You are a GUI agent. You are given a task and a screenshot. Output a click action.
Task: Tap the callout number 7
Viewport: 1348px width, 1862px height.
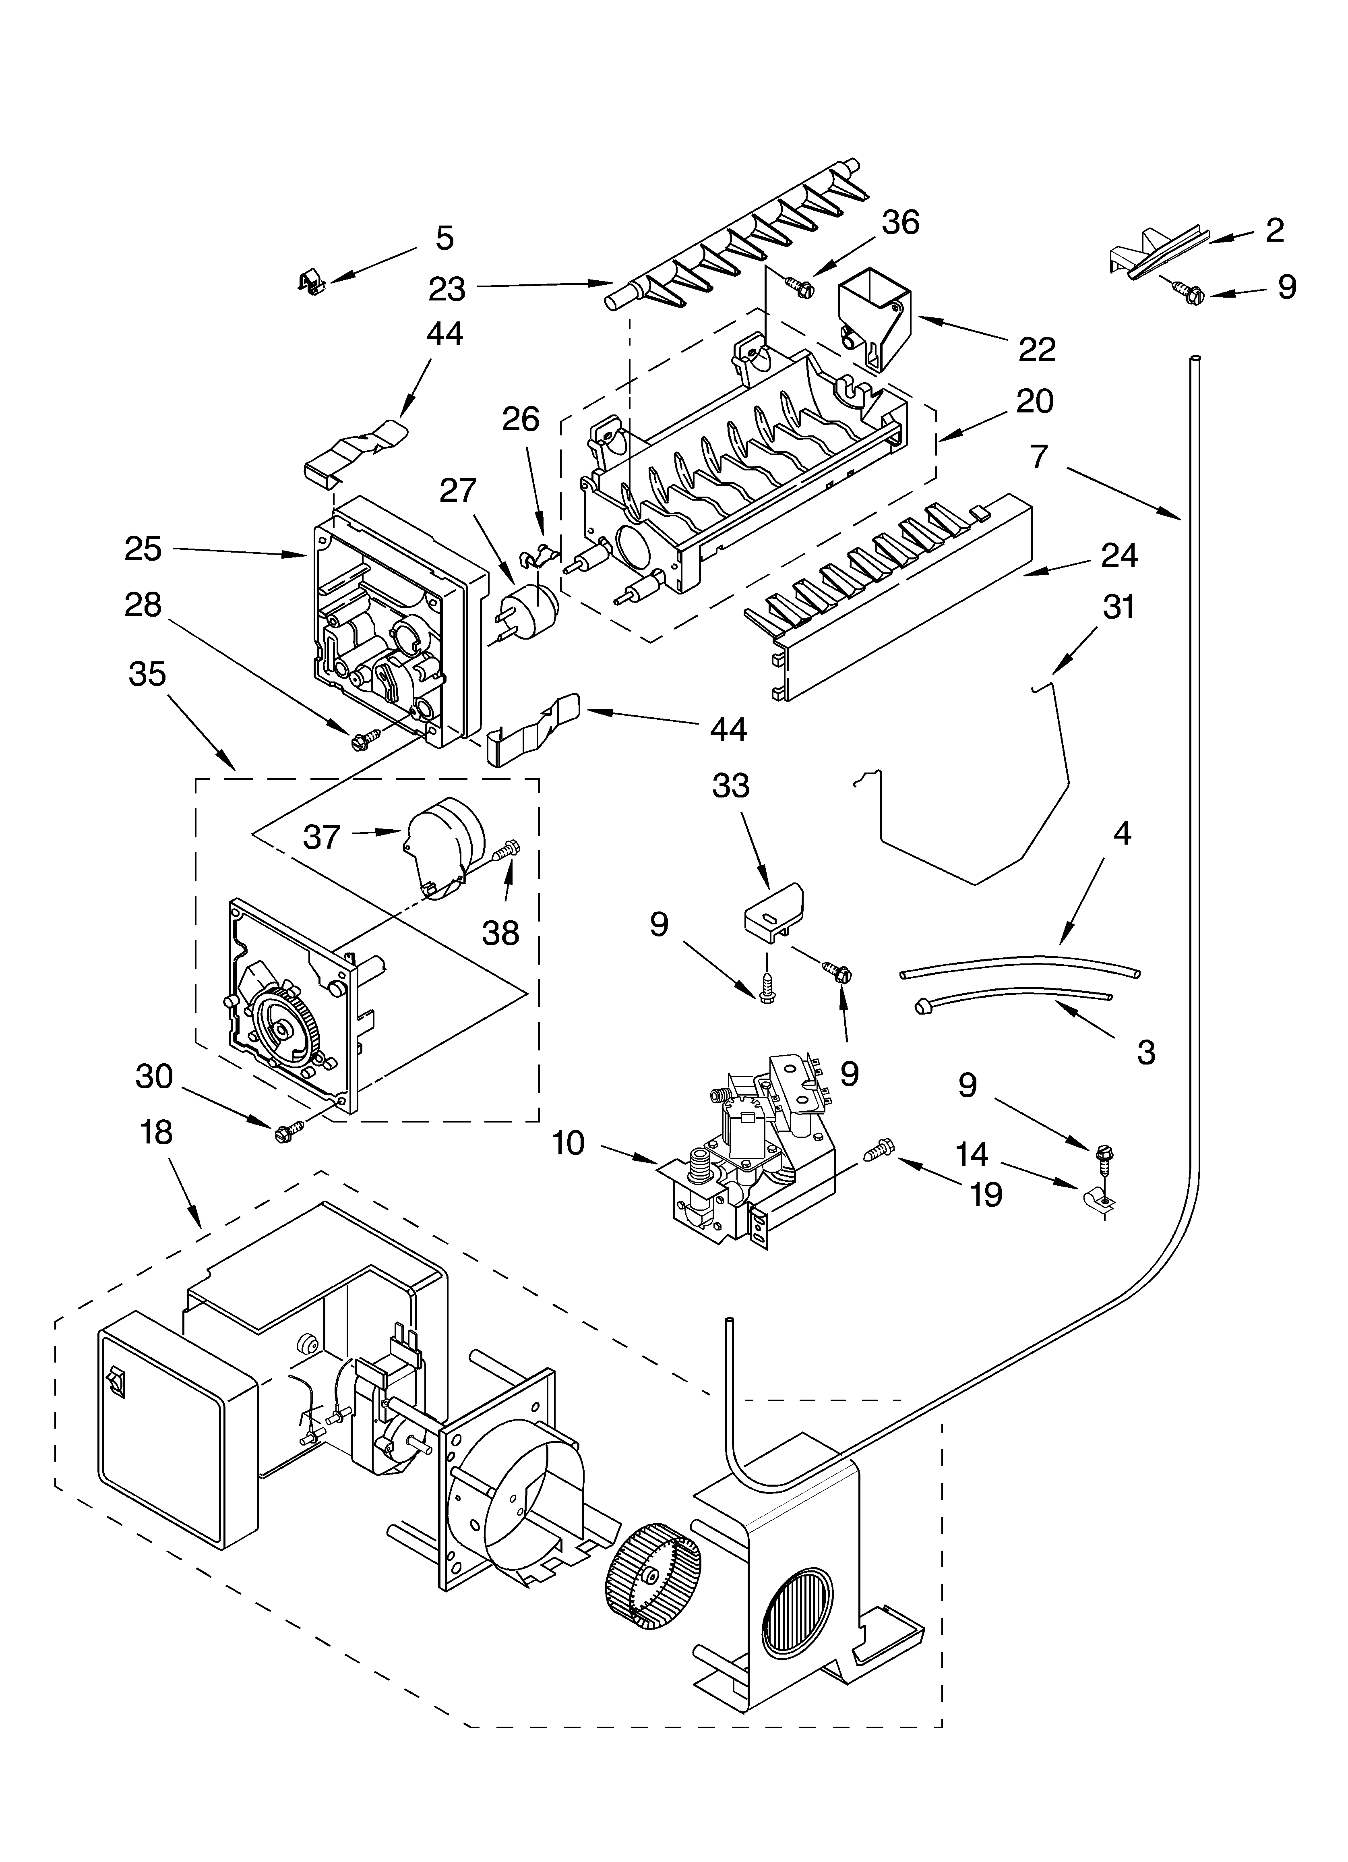pos(1039,456)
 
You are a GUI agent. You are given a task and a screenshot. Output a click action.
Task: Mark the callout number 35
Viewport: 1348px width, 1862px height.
pos(148,674)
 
